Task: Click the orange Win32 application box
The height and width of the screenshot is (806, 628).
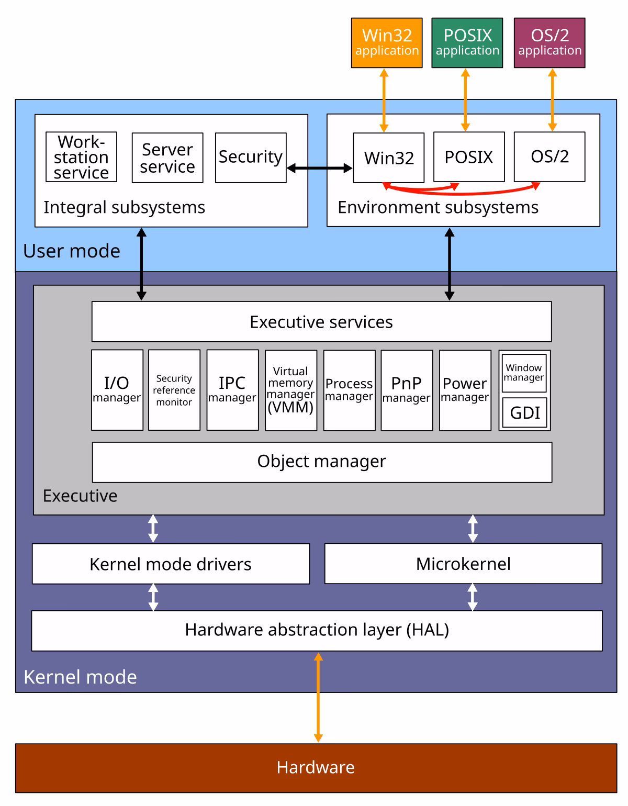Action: click(387, 43)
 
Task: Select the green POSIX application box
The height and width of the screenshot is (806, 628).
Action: click(467, 43)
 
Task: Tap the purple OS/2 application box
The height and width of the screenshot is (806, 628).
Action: click(549, 43)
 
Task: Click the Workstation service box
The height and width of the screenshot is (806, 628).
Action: click(81, 157)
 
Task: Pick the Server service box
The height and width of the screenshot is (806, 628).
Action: click(167, 158)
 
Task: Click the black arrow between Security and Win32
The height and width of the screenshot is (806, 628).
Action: click(320, 168)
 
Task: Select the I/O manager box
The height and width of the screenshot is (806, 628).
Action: click(117, 390)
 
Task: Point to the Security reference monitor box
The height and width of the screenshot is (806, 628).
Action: click(174, 390)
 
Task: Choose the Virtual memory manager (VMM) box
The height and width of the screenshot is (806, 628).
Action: click(291, 390)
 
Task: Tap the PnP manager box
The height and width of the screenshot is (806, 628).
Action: click(407, 390)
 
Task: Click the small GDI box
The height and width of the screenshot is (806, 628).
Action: click(524, 412)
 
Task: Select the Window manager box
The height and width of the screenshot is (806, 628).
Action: click(524, 373)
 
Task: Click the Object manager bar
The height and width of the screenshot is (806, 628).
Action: click(322, 462)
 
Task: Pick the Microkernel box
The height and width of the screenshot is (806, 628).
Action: click(463, 564)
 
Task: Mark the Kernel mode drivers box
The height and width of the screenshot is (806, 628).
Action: click(171, 564)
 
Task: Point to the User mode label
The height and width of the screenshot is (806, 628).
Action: click(72, 251)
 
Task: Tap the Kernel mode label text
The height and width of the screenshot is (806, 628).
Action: click(80, 677)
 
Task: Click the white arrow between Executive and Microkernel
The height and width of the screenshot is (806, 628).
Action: click(473, 529)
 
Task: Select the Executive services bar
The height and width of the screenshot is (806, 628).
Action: click(321, 321)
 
